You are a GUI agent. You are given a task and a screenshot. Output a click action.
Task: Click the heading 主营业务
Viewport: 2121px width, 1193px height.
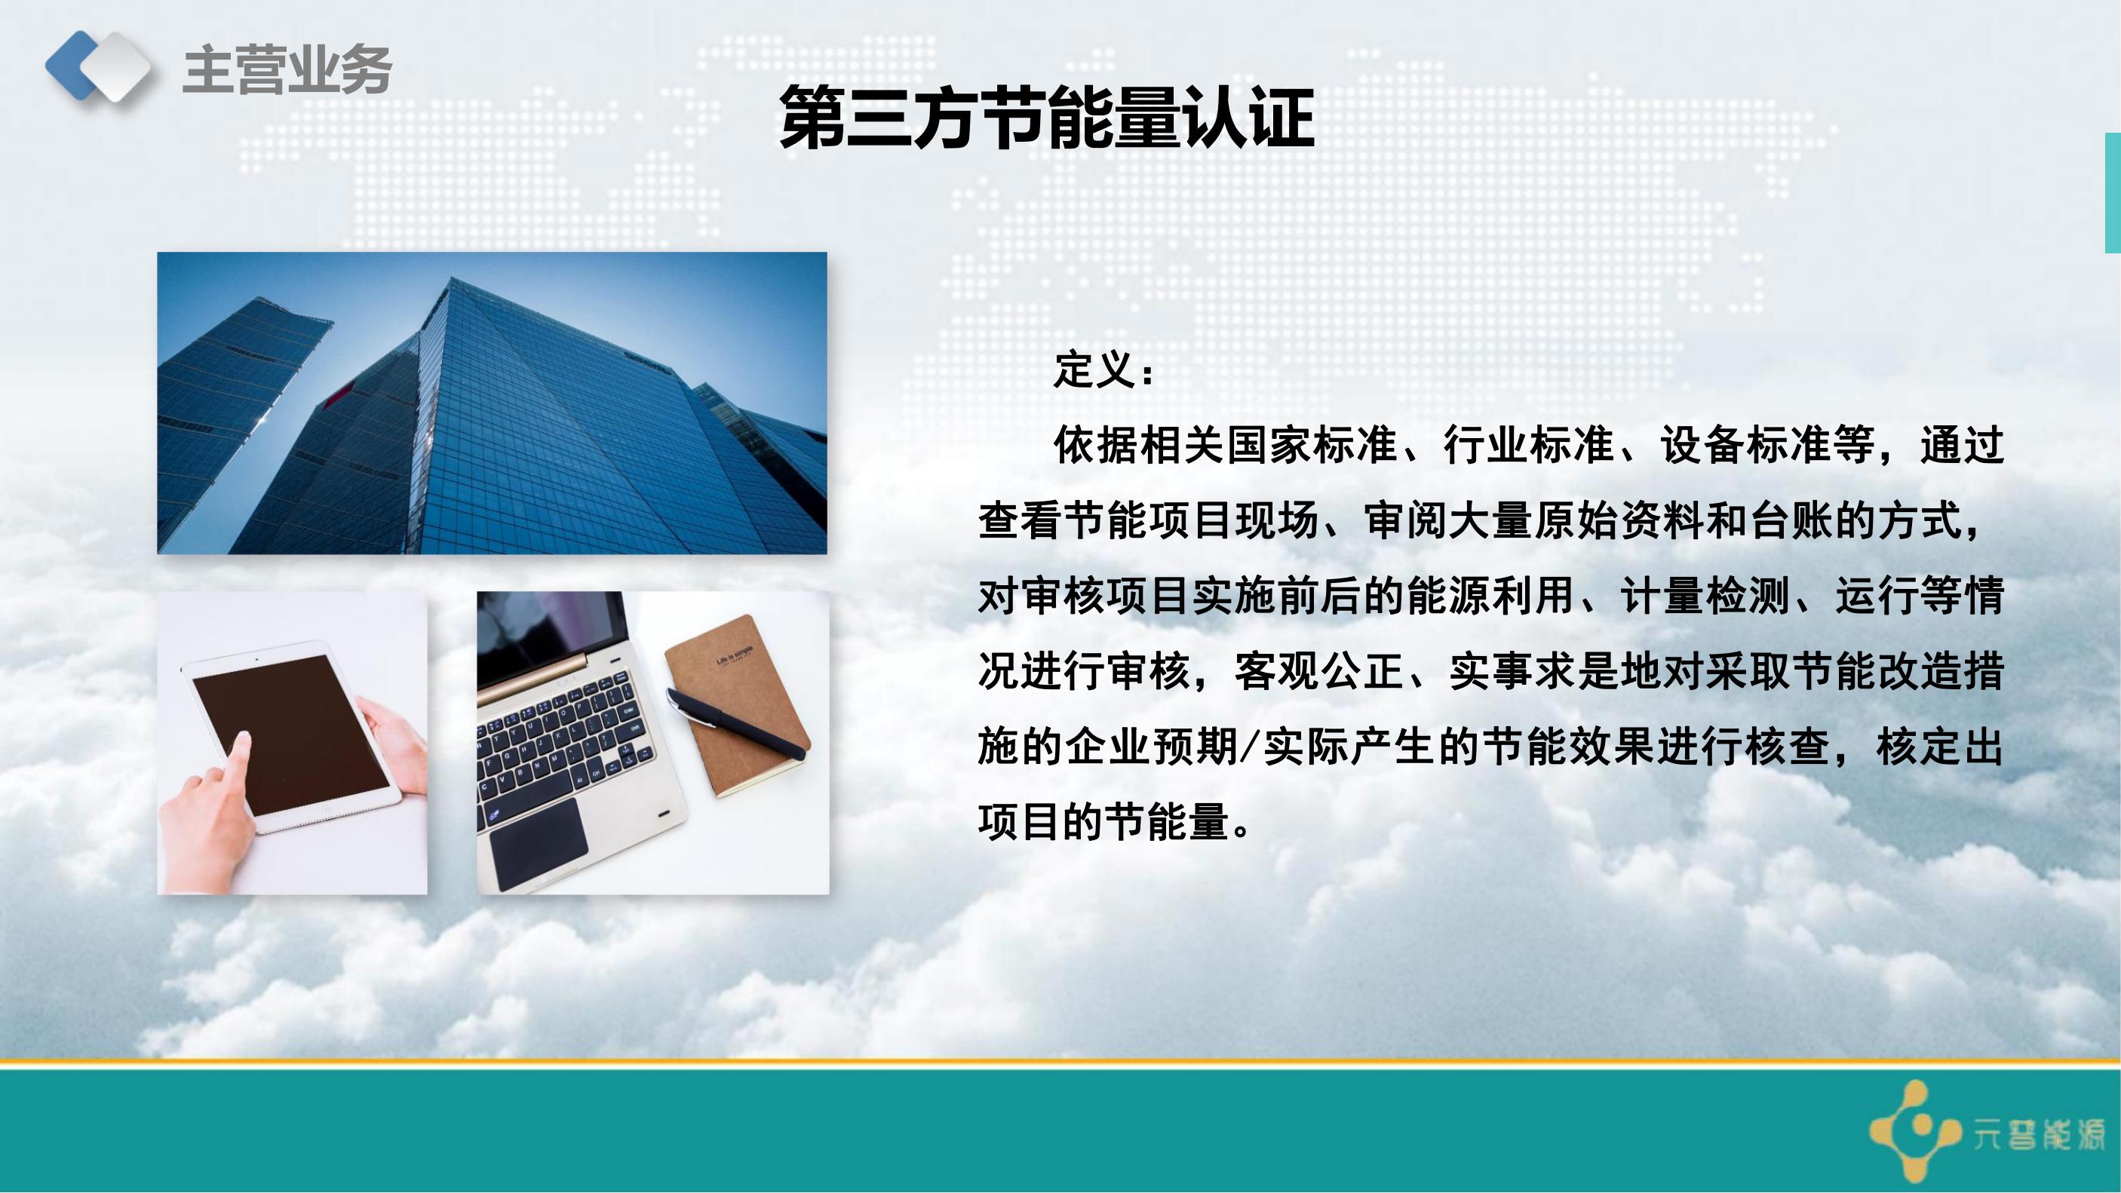coord(287,69)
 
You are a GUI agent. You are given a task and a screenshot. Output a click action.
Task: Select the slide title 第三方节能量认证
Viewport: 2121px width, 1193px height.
coord(1045,118)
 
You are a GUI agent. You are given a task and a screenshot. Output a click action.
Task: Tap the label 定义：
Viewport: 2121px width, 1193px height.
coord(1104,370)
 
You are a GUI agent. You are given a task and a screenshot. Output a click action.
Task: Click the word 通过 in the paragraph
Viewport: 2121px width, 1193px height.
coord(1962,446)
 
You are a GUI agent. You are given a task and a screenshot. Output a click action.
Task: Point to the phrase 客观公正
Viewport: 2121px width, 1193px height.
coord(1319,672)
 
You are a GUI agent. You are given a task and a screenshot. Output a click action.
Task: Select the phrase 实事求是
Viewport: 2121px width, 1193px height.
coord(1533,672)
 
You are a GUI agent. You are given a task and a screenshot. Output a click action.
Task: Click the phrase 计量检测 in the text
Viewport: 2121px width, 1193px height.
coord(1705,596)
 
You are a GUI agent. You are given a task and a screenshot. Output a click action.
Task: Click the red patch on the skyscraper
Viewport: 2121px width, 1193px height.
coord(338,398)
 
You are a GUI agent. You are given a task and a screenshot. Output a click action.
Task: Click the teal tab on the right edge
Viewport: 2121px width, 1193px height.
coord(2113,192)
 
